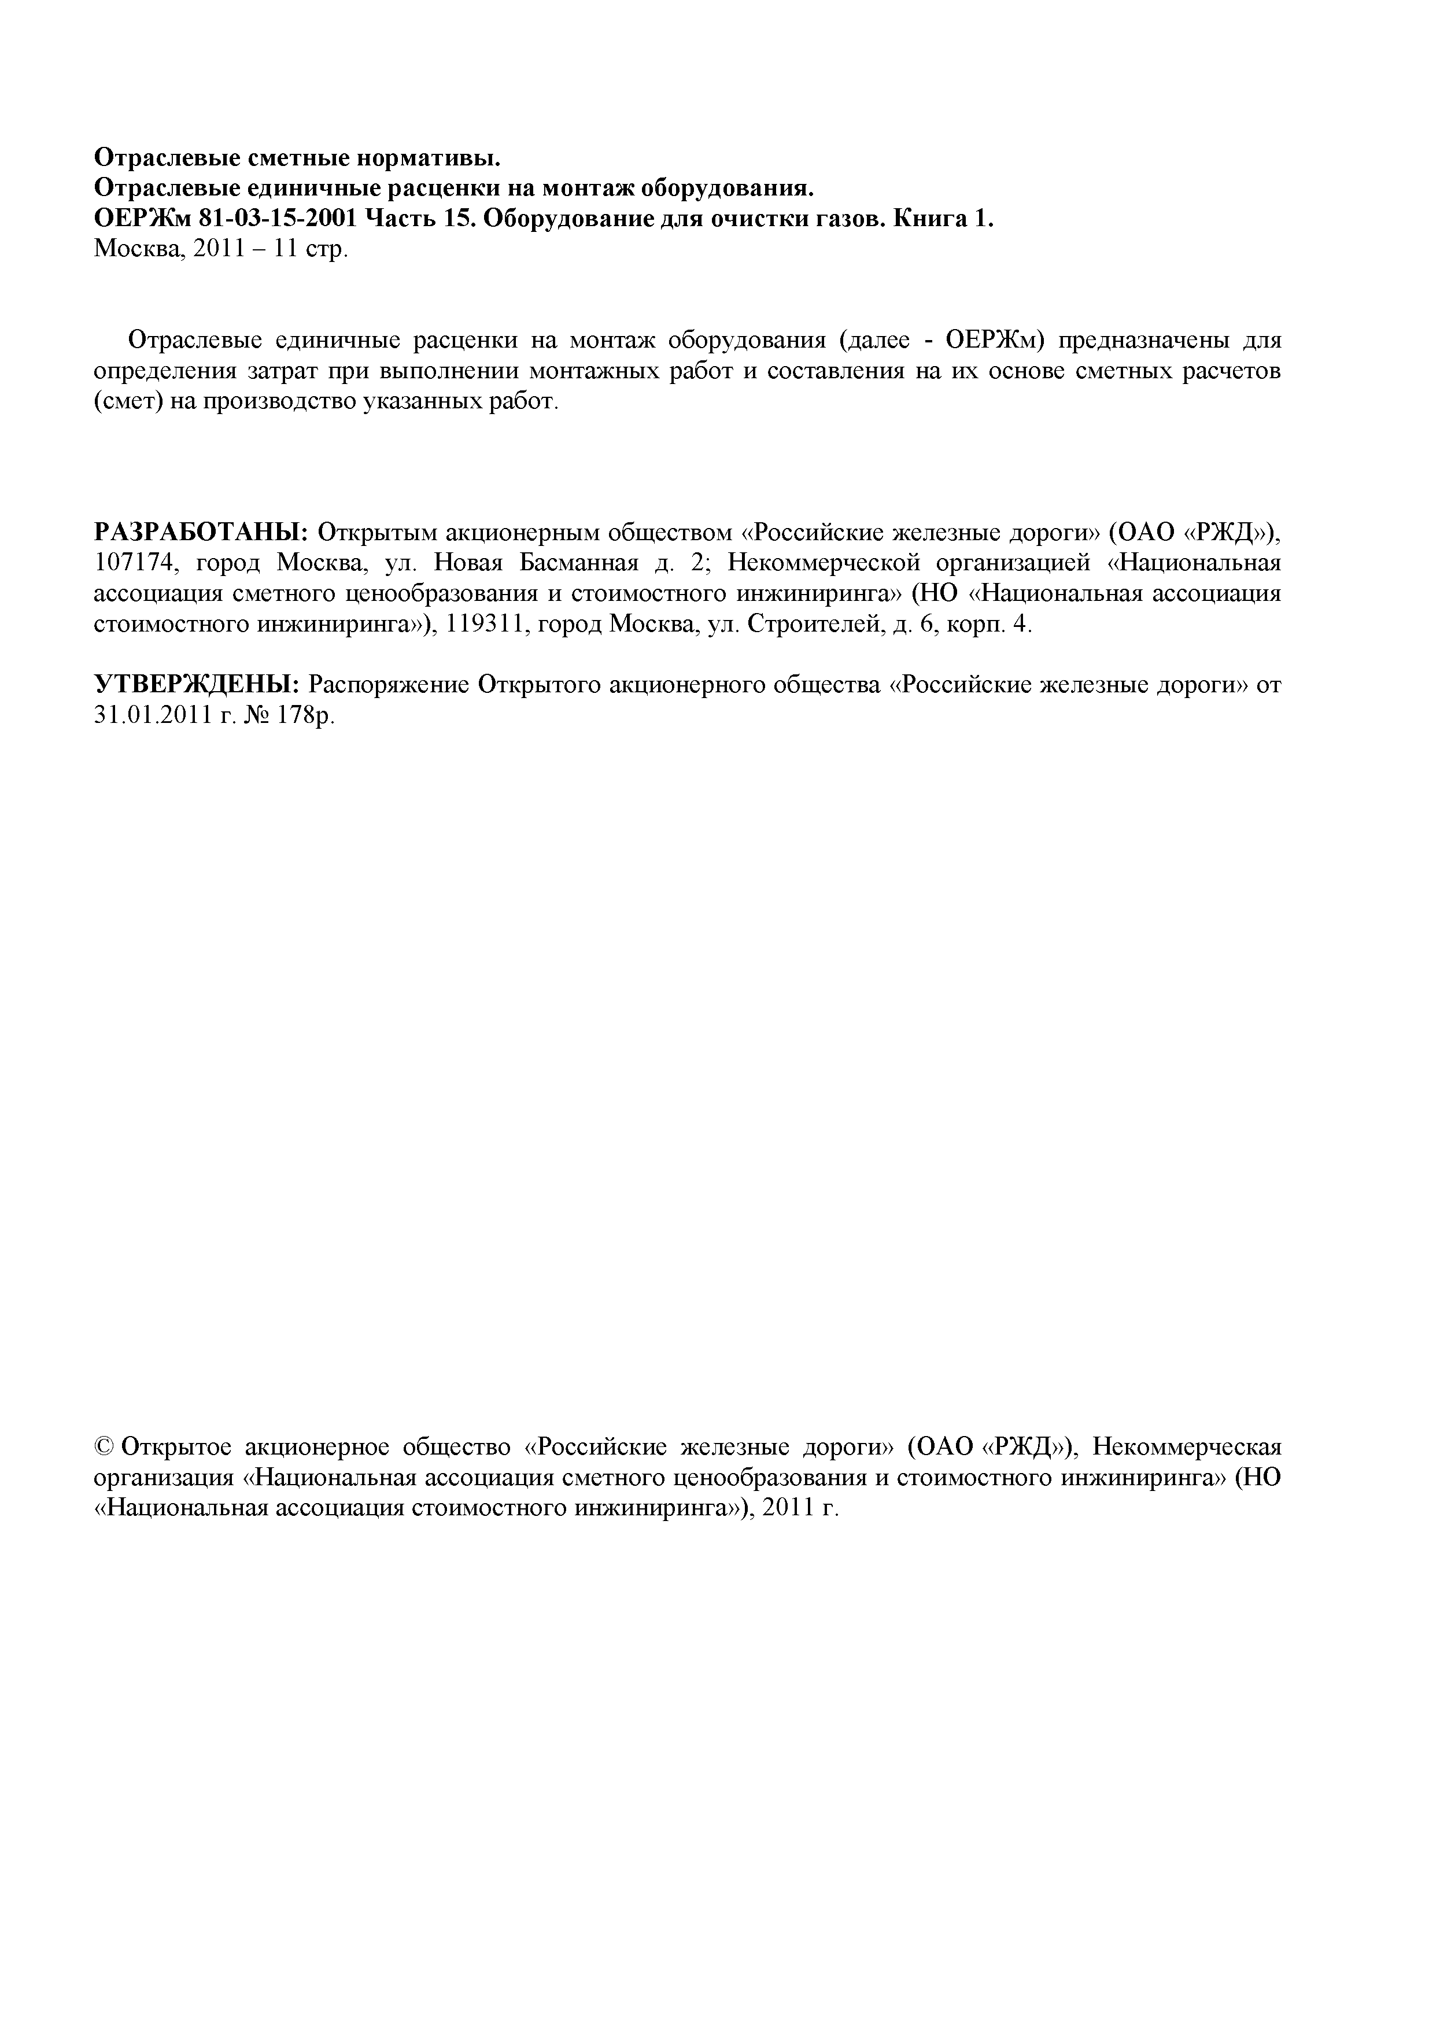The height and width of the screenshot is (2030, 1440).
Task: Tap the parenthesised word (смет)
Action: pos(130,402)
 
